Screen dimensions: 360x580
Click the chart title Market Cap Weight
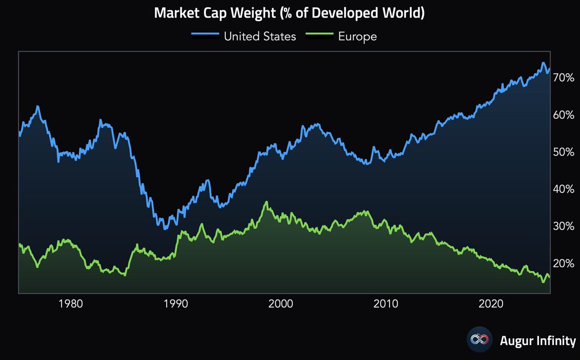(289, 13)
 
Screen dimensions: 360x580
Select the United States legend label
(260, 36)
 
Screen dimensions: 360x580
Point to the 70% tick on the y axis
(564, 78)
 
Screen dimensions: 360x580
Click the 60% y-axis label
(564, 115)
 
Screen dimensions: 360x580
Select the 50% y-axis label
(564, 152)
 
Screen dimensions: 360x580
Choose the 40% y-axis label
(564, 189)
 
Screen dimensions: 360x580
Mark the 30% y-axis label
(564, 226)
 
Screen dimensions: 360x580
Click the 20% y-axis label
(564, 263)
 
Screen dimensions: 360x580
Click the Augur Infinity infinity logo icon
(479, 340)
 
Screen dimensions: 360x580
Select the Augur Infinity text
(537, 340)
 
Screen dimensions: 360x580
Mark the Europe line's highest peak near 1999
(267, 202)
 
